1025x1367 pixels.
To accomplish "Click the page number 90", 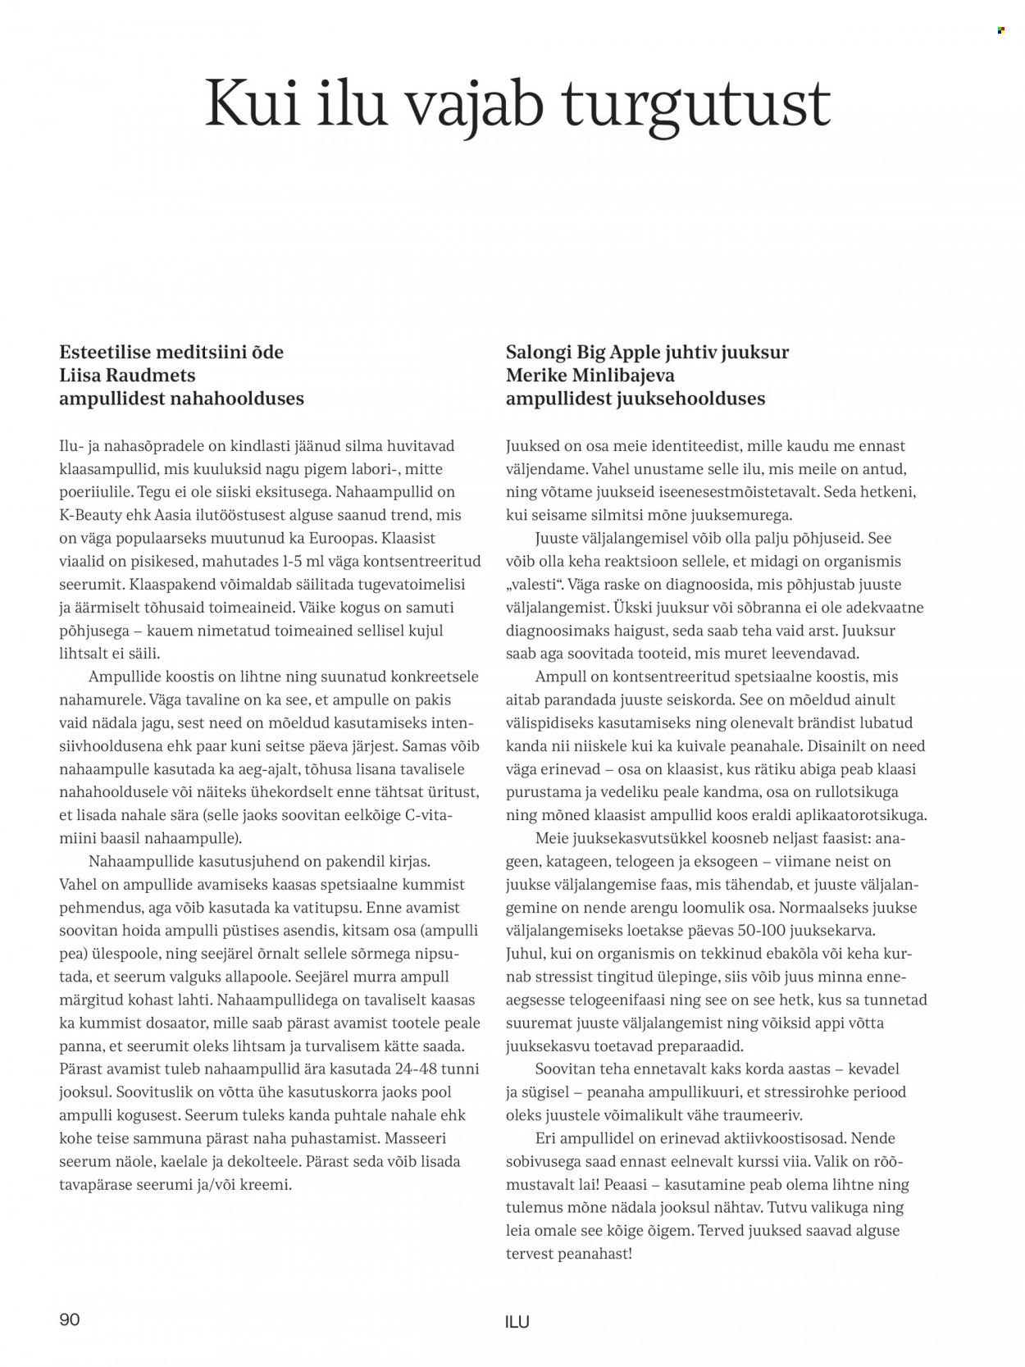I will click(x=70, y=1319).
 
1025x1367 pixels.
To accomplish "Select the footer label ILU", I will click(x=517, y=1321).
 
